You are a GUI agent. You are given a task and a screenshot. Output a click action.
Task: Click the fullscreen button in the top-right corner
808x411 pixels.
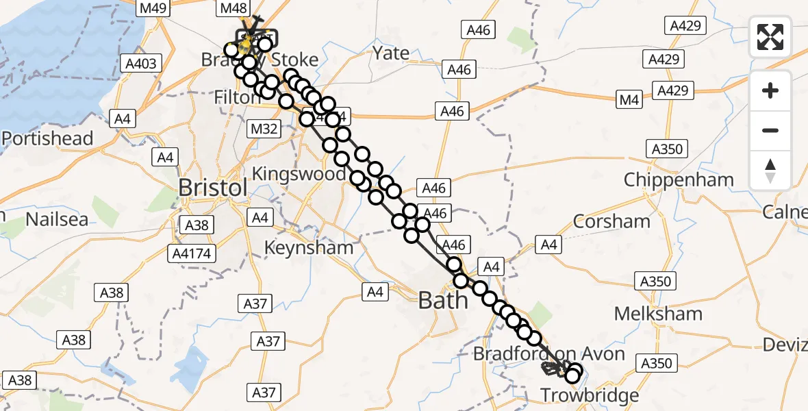click(770, 37)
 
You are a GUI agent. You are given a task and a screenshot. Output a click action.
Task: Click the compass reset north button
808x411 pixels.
click(770, 171)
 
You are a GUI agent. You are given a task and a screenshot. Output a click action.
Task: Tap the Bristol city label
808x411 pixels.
click(212, 188)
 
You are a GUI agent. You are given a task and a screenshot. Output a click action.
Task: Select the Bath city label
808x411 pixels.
click(443, 300)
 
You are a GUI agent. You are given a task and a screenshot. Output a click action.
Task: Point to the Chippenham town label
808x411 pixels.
click(679, 180)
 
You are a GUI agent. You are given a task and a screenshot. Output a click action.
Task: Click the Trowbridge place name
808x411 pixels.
click(590, 395)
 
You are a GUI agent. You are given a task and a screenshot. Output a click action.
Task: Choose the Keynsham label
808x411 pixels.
click(310, 247)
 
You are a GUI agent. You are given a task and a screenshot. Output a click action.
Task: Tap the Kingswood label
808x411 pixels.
click(299, 173)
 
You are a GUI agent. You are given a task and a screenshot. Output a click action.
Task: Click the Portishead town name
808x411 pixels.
click(47, 138)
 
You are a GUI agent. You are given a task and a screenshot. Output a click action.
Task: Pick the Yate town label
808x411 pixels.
click(391, 53)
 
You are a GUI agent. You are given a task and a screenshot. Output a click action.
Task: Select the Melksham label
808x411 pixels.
click(658, 314)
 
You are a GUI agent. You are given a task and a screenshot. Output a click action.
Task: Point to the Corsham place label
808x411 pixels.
click(611, 221)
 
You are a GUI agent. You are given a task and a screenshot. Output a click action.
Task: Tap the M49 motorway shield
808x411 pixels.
click(155, 8)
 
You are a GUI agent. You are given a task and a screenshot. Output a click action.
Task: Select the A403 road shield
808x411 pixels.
click(141, 64)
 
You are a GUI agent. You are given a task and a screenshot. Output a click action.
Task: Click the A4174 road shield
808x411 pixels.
click(192, 253)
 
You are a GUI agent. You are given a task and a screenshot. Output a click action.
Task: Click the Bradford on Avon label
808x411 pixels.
click(548, 354)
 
